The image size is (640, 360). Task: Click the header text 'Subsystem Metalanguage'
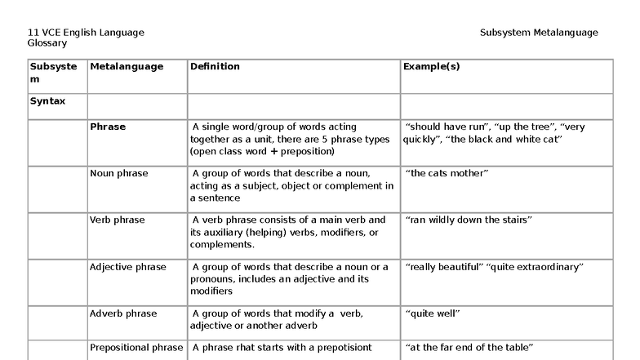pos(539,33)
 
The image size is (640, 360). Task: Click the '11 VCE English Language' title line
pos(86,33)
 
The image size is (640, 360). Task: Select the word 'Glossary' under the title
pos(47,43)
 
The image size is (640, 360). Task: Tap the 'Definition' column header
pos(216,67)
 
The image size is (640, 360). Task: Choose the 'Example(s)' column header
pos(431,67)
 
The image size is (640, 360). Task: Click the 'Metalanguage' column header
pos(127,67)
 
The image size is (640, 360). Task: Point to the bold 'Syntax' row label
pos(47,101)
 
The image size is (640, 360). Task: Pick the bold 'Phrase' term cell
pos(108,127)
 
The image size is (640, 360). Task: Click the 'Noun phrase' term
pos(119,174)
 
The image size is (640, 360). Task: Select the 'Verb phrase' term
pos(118,220)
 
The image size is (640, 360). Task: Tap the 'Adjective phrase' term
pos(128,267)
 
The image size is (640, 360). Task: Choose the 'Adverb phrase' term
pos(123,313)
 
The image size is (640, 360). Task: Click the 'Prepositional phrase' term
pos(136,348)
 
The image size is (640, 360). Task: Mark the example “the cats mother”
pos(447,174)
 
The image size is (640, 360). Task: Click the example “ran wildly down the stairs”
pos(469,220)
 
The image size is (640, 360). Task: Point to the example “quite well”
pos(433,313)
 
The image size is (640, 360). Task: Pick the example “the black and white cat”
pos(505,140)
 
